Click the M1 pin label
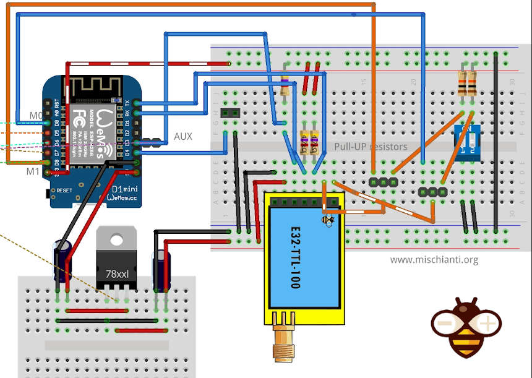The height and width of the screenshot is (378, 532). click(x=33, y=171)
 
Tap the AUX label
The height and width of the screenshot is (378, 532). click(x=183, y=136)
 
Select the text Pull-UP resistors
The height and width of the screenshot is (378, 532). click(x=371, y=147)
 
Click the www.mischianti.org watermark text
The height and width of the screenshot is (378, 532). click(x=434, y=260)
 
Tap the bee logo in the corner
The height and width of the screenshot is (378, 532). click(x=466, y=326)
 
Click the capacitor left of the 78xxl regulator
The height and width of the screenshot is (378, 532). click(x=63, y=263)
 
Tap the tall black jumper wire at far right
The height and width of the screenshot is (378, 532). click(x=496, y=142)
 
